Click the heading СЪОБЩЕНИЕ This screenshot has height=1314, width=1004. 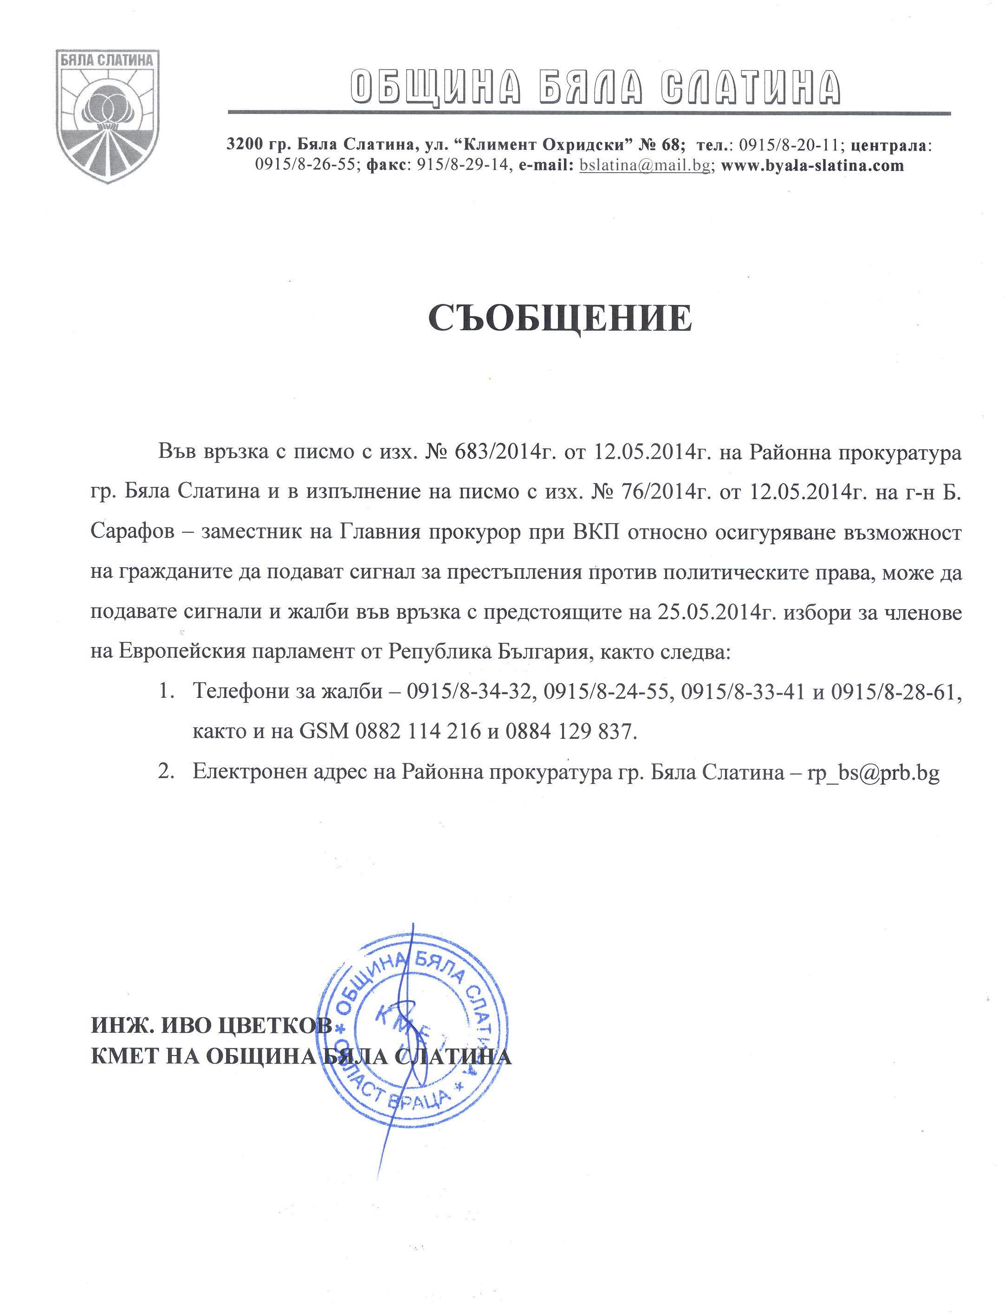tap(561, 317)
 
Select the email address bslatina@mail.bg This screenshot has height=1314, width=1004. tap(644, 166)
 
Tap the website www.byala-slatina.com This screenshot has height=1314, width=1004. tap(812, 166)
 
